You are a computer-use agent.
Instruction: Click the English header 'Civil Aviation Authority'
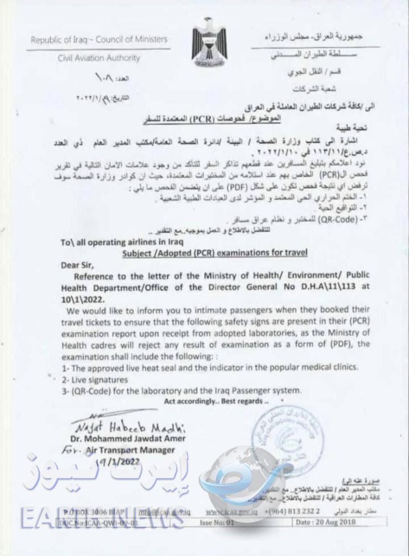99,58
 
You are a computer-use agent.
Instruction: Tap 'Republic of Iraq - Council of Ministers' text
99,40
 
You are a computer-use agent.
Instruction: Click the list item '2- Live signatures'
94,379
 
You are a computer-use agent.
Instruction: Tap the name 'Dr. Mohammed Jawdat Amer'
127,438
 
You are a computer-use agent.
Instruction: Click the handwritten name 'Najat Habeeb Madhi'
127,426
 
